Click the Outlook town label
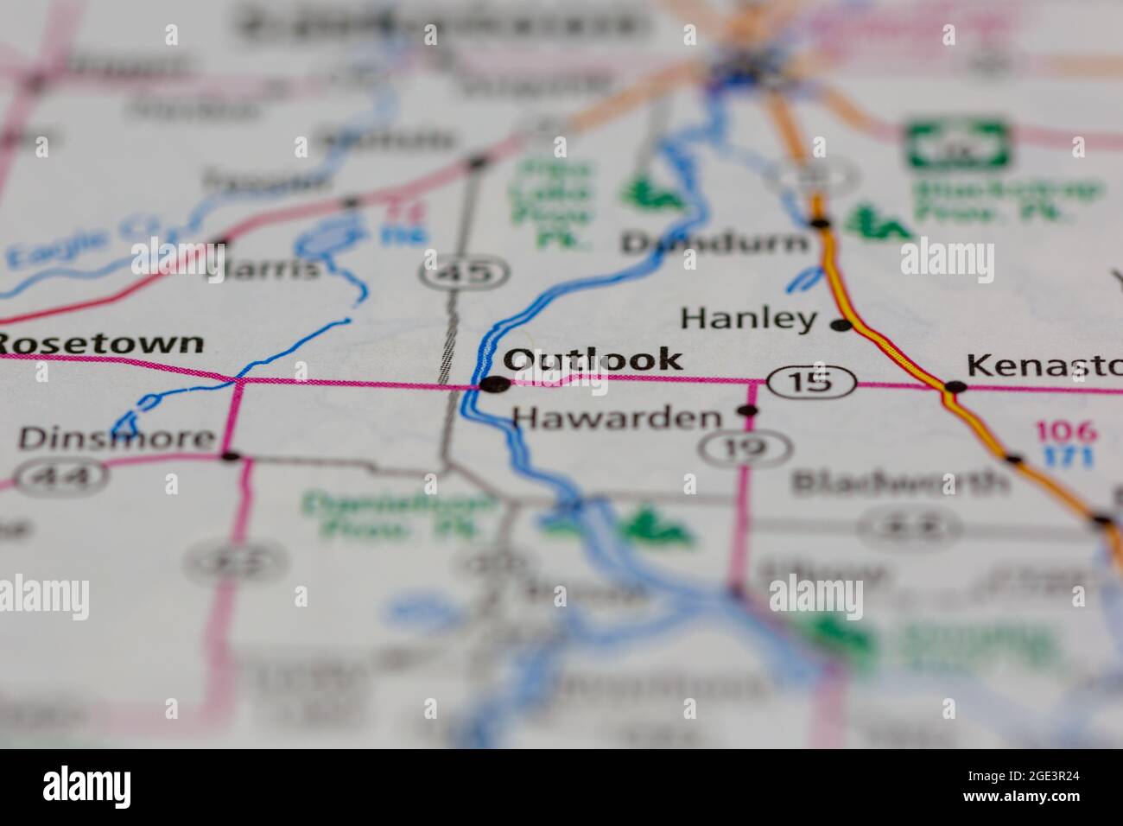(x=593, y=359)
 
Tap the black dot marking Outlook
(x=494, y=384)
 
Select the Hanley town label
(x=748, y=319)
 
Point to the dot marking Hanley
(x=840, y=326)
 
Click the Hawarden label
(x=617, y=419)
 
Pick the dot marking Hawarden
(x=748, y=411)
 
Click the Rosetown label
(x=103, y=343)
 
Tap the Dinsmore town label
(x=116, y=438)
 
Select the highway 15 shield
(x=810, y=381)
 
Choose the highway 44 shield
(x=64, y=474)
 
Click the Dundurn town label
(x=714, y=244)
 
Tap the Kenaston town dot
(x=954, y=387)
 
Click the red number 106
(x=1066, y=431)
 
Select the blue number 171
(x=1066, y=455)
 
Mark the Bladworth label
(x=899, y=482)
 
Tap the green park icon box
(x=958, y=143)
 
